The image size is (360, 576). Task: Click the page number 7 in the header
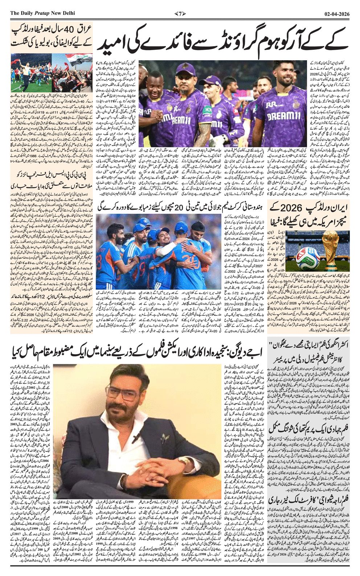(x=180, y=13)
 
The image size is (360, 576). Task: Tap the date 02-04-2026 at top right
(x=337, y=13)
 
